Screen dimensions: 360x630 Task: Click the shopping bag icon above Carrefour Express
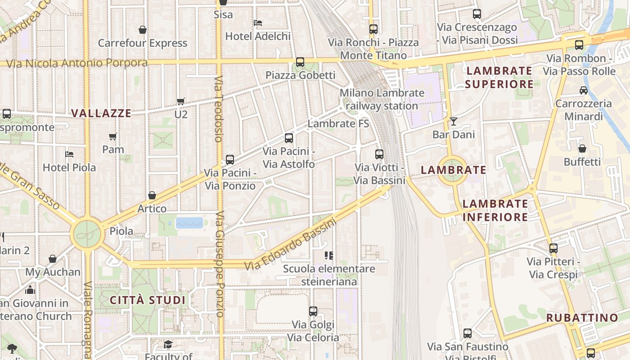[143, 30]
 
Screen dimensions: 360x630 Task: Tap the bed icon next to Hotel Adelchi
[258, 22]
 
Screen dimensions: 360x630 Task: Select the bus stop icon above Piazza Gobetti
[300, 62]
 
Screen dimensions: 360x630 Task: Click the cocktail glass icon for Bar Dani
[453, 121]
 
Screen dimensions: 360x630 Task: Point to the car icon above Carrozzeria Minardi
[584, 90]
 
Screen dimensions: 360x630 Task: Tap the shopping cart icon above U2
[180, 101]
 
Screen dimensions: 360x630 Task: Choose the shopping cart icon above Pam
[113, 136]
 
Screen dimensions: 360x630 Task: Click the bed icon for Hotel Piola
[69, 154]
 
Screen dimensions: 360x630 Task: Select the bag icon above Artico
[152, 195]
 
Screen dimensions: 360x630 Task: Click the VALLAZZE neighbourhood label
[101, 113]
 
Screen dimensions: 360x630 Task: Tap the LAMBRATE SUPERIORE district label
[499, 77]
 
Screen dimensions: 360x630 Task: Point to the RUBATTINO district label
[582, 318]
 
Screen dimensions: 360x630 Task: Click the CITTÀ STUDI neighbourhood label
[148, 300]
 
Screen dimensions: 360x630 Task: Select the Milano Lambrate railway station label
[382, 99]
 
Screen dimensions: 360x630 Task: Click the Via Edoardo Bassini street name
[290, 245]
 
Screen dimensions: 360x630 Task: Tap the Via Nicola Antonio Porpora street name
[77, 63]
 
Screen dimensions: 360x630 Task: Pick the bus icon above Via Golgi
[313, 311]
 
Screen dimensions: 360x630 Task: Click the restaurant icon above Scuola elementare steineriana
[329, 256]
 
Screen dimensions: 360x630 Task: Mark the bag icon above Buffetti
[582, 148]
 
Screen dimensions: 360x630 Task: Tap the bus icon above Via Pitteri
[553, 248]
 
